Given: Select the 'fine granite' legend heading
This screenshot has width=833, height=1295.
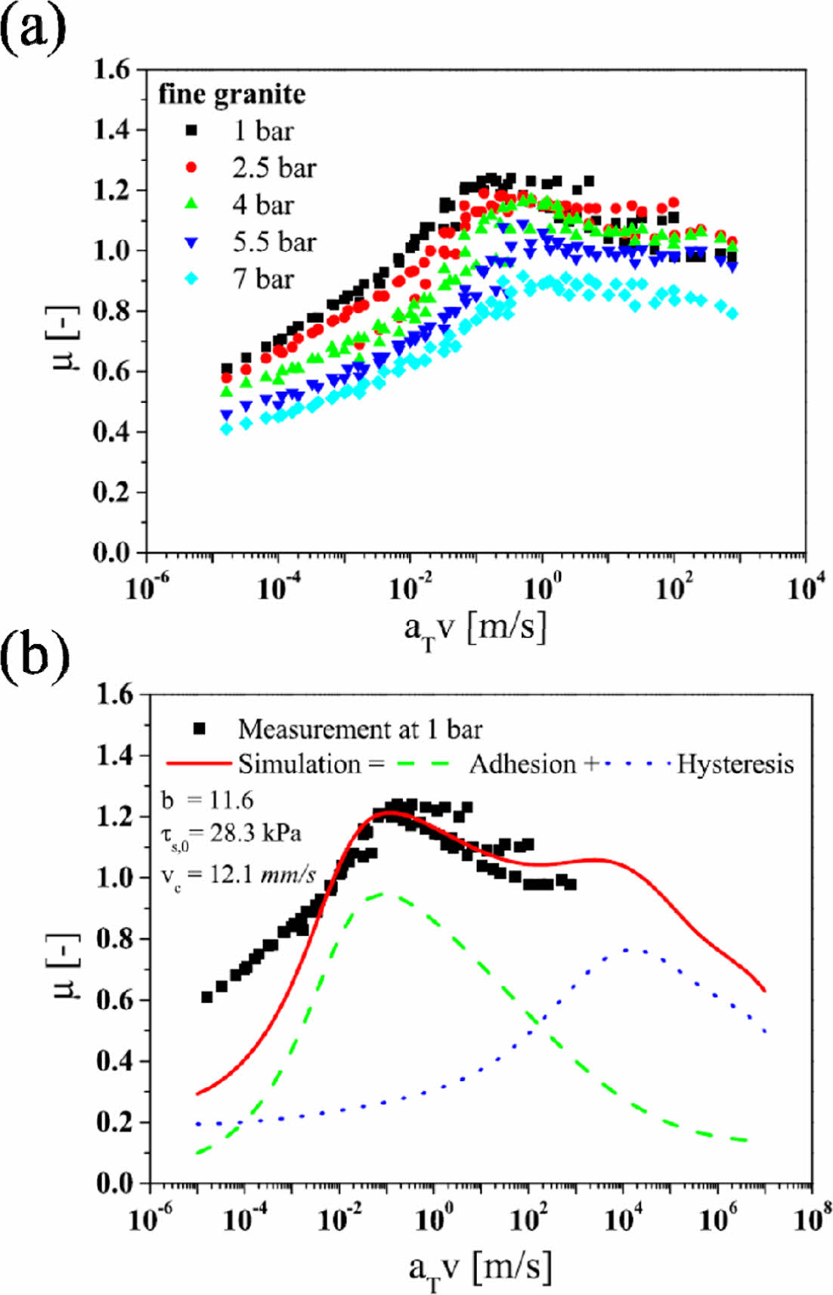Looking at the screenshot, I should [232, 94].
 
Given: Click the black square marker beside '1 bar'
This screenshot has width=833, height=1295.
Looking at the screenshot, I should [191, 131].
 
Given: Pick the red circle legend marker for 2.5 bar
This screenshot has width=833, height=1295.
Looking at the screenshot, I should [191, 168].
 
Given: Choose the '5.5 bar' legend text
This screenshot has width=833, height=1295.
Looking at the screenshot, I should [274, 242].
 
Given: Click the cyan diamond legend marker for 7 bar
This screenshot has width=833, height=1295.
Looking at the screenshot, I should [191, 279].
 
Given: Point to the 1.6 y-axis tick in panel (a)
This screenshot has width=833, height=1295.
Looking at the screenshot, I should [113, 70].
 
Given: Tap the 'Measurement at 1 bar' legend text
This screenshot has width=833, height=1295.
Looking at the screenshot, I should [360, 730].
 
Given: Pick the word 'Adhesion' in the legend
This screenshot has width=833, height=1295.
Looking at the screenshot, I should [522, 764].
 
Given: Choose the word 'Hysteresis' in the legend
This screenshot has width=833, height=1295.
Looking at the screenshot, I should [735, 764].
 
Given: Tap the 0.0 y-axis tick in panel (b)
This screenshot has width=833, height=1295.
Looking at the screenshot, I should [115, 1183].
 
